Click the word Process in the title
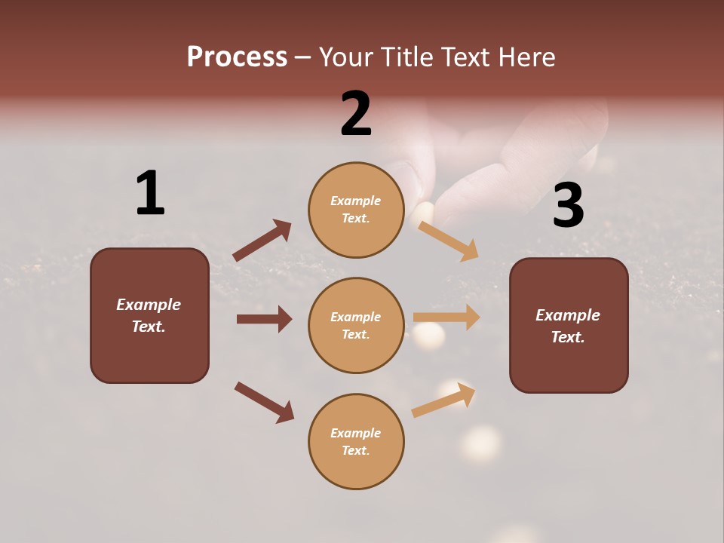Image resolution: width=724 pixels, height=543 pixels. [x=237, y=57]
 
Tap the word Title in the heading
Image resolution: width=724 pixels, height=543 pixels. [x=400, y=57]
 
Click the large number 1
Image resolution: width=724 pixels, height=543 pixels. [x=150, y=193]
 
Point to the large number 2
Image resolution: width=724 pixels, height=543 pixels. [x=356, y=114]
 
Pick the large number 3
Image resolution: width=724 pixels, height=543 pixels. [x=568, y=205]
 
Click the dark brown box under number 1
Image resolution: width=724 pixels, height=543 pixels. [x=149, y=315]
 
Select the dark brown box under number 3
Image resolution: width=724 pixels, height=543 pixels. [x=569, y=325]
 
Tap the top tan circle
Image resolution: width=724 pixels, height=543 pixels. [x=356, y=210]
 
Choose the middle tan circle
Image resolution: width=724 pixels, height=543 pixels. [x=356, y=325]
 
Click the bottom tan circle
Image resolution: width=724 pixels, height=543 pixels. [x=356, y=441]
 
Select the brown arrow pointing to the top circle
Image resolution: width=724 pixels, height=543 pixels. [x=262, y=241]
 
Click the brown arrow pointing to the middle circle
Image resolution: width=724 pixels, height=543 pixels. [x=264, y=319]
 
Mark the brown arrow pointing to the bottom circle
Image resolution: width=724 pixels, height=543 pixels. [x=264, y=402]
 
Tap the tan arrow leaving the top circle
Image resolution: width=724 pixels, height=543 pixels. [x=448, y=241]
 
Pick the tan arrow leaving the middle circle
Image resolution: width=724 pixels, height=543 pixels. [x=446, y=318]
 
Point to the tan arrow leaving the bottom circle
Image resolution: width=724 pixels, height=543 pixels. [x=443, y=400]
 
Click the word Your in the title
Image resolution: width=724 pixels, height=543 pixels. [x=347, y=57]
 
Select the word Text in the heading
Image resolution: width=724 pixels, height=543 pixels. [x=465, y=57]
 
